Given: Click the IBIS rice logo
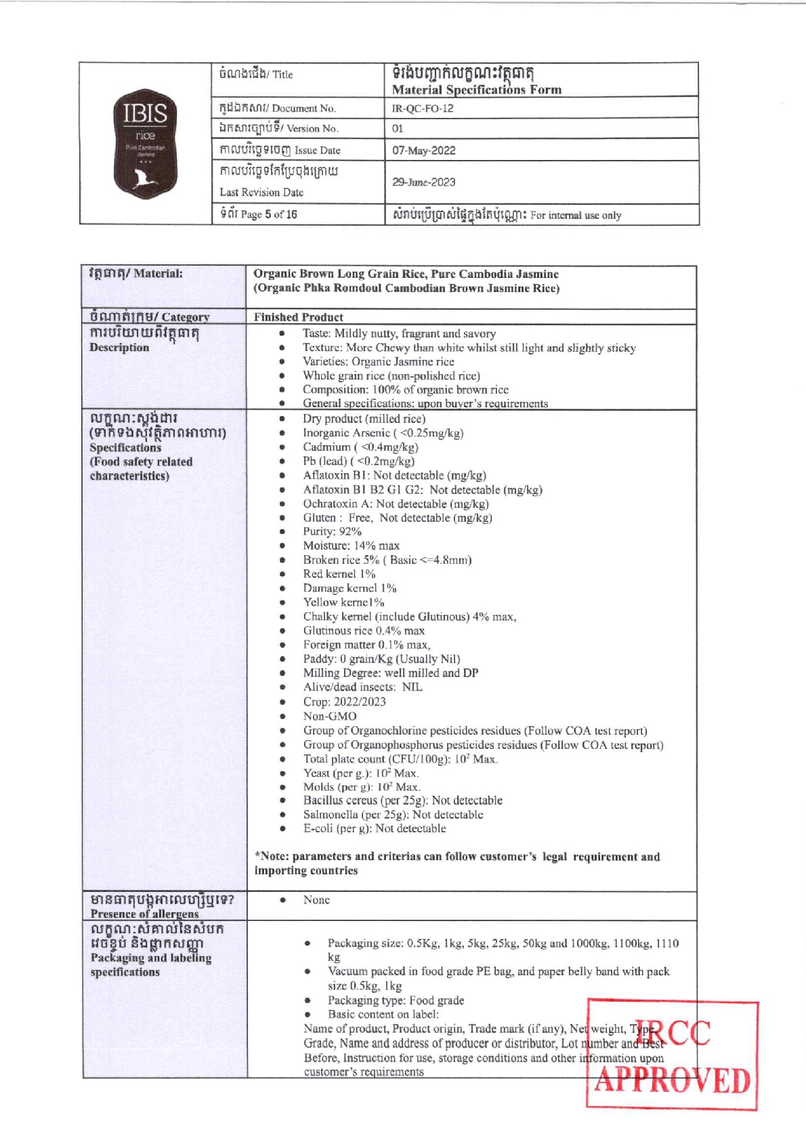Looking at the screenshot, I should (145, 144).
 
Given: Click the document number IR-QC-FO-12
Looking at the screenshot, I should (423, 108).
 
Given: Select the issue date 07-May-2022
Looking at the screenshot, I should (424, 150).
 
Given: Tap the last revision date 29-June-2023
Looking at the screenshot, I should (424, 182).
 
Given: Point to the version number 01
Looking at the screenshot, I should (398, 129).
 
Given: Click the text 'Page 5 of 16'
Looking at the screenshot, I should (268, 215).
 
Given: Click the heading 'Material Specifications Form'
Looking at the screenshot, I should (476, 89).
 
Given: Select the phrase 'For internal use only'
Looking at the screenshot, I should (576, 216).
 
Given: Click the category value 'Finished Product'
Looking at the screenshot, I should (299, 317).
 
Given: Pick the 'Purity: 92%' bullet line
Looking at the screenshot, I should (332, 531).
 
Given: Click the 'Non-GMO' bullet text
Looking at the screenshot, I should (330, 716).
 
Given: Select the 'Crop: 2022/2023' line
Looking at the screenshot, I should (344, 701).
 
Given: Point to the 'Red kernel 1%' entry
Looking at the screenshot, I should (339, 574).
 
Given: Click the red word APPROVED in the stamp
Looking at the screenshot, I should (673, 1080).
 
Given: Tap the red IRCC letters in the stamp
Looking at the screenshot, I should (673, 1034).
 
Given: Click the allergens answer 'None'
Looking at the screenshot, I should (316, 900).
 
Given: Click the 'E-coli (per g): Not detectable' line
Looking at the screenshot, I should (375, 828).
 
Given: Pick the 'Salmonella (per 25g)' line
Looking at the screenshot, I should (393, 815).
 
